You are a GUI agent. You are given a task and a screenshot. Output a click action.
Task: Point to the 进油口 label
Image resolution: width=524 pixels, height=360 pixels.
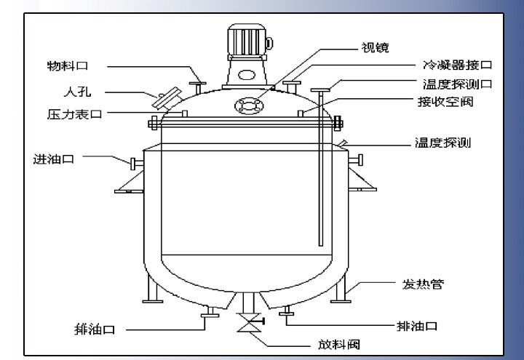coord(55,158)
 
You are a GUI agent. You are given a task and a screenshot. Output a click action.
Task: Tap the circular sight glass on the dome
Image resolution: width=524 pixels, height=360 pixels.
coord(247,106)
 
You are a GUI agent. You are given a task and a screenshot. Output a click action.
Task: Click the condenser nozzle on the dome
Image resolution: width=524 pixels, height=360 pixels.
coord(292,86)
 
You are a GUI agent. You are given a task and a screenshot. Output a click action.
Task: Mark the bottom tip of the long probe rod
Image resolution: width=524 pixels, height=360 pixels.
coord(319,244)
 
